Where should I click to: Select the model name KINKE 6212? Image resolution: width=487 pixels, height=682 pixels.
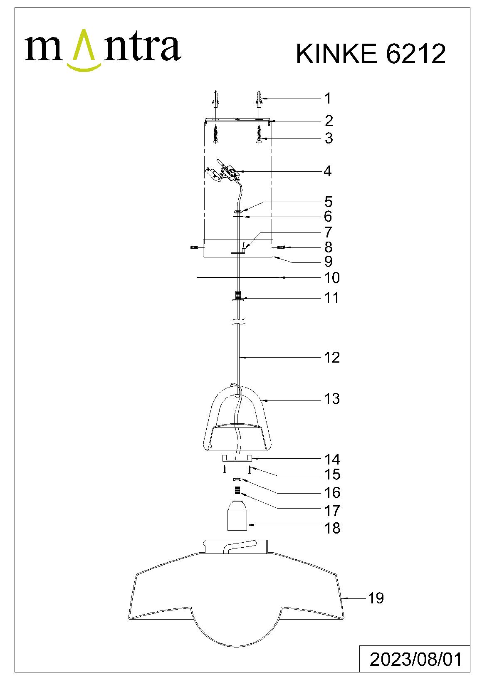371,54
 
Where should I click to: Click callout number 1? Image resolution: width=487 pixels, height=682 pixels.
328,98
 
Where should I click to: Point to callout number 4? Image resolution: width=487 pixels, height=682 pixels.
327,171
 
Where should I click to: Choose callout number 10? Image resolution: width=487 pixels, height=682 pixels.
332,278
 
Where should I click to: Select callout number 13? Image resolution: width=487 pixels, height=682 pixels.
332,398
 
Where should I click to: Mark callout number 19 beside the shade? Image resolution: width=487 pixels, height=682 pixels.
376,598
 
